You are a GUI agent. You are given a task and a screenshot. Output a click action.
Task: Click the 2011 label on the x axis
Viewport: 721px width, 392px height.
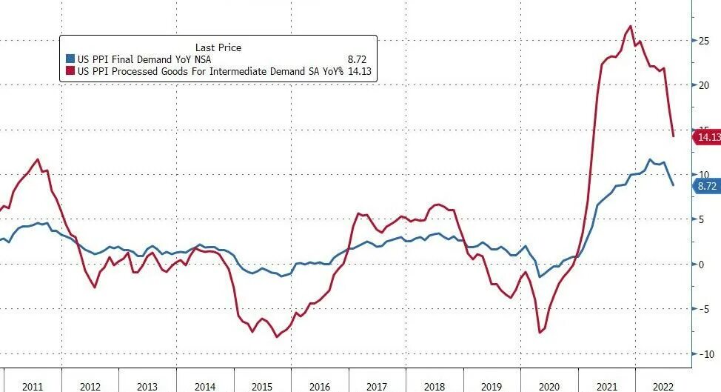click(x=32, y=386)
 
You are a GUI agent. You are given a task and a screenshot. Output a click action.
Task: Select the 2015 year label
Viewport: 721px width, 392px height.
click(x=262, y=386)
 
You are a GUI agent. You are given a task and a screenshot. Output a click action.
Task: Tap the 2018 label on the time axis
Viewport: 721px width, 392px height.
click(x=434, y=386)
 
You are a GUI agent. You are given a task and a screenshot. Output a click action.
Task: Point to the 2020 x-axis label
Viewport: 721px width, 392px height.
click(x=549, y=386)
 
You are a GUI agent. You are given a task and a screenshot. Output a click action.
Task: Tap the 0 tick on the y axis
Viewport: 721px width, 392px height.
click(x=706, y=265)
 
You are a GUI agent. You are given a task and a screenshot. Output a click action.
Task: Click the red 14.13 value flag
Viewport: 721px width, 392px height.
click(x=706, y=137)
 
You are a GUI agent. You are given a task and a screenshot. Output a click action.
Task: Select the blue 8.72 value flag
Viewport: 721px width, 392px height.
click(x=705, y=186)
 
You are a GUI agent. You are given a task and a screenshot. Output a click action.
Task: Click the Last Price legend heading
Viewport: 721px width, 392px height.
click(x=218, y=47)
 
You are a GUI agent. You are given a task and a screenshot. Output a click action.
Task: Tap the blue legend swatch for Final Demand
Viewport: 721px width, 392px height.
click(x=70, y=59)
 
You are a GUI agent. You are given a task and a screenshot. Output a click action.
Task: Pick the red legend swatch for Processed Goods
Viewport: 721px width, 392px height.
click(x=70, y=71)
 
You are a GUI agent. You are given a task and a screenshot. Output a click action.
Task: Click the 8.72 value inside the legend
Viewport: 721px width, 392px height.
click(x=357, y=59)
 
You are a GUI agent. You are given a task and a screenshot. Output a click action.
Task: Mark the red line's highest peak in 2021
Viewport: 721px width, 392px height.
click(x=630, y=27)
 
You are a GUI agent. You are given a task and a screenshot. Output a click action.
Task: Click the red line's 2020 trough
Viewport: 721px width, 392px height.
click(x=540, y=332)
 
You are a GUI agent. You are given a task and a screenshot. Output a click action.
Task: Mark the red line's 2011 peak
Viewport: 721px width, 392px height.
click(x=38, y=159)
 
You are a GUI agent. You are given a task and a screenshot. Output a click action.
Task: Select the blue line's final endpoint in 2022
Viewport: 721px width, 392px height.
click(x=673, y=185)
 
